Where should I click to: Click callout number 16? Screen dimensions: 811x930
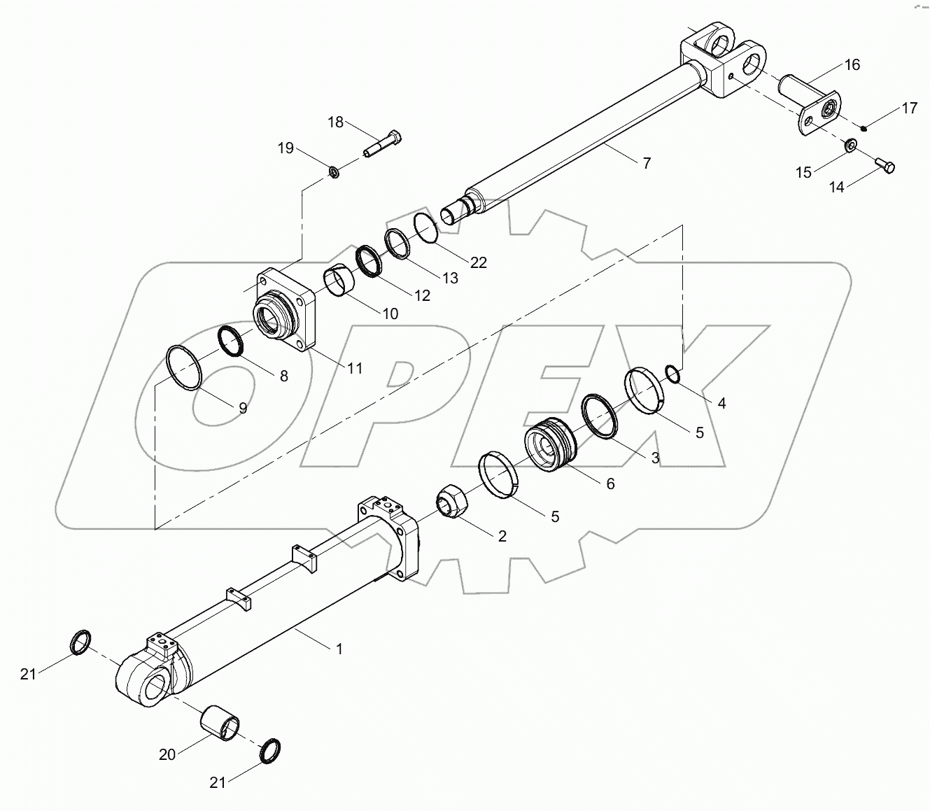(x=852, y=65)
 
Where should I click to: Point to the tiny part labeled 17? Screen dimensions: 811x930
(x=865, y=127)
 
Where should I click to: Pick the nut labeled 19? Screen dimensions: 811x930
(x=334, y=171)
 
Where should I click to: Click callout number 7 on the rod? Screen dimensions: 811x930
(x=647, y=163)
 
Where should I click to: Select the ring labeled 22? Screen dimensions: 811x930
(x=425, y=227)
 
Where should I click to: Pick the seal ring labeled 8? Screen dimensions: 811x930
(x=232, y=341)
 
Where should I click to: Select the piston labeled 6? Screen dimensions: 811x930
(x=549, y=444)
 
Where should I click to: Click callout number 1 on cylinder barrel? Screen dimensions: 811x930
(x=339, y=649)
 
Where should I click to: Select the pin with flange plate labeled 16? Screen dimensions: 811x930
(x=812, y=108)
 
